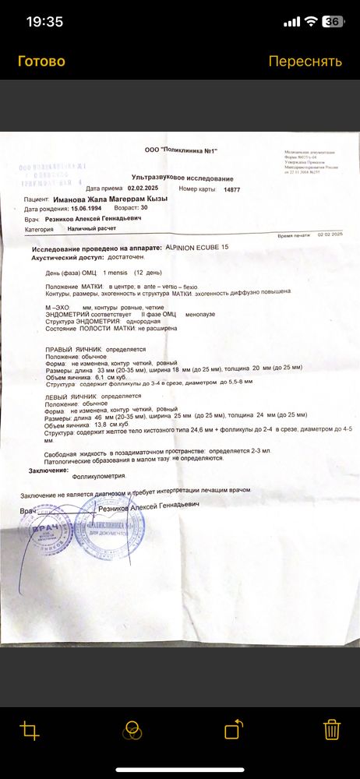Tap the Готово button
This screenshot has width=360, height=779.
pos(41,62)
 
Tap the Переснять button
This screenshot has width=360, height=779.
pos(305,62)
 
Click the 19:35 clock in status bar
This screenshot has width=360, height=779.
pos(44,21)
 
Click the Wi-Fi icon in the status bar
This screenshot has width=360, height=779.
pos(311,21)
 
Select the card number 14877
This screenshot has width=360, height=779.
pos(231,189)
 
